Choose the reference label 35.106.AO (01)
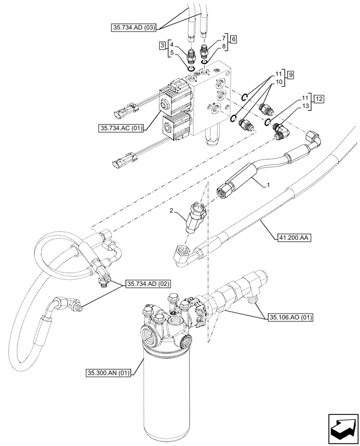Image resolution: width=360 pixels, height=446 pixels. tap(291, 318)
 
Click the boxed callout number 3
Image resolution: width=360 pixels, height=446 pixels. tap(164, 45)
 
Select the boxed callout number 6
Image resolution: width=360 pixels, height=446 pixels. tap(233, 39)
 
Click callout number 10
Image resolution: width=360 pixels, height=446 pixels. tap(278, 82)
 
